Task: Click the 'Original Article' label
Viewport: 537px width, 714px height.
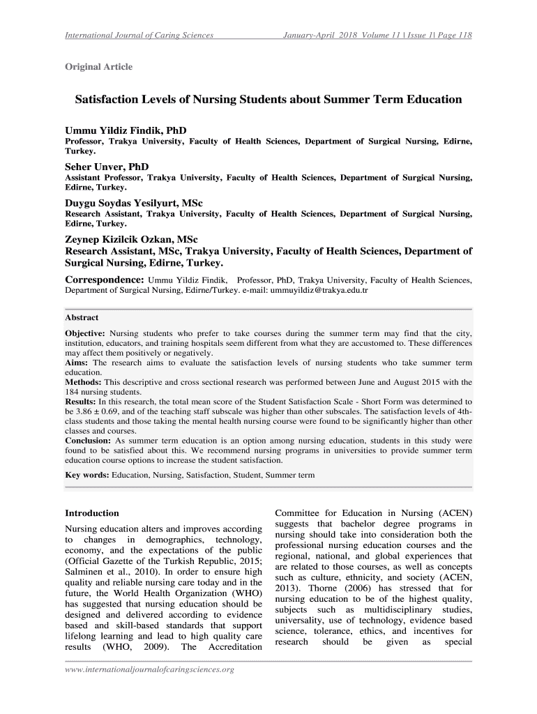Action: (98, 67)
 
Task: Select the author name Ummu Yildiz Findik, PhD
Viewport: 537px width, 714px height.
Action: (126, 130)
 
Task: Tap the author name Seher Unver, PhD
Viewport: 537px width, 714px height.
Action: (107, 167)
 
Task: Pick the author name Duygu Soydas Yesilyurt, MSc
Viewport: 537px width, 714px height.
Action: (133, 204)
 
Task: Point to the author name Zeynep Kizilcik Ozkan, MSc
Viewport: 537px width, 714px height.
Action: (131, 239)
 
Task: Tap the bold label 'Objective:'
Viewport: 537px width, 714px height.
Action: (85, 333)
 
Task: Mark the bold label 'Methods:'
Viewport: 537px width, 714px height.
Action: (83, 382)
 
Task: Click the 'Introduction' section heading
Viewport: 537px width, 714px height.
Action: (92, 513)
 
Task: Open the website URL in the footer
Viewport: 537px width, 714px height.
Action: (149, 670)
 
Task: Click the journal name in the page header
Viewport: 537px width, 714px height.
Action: (139, 35)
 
